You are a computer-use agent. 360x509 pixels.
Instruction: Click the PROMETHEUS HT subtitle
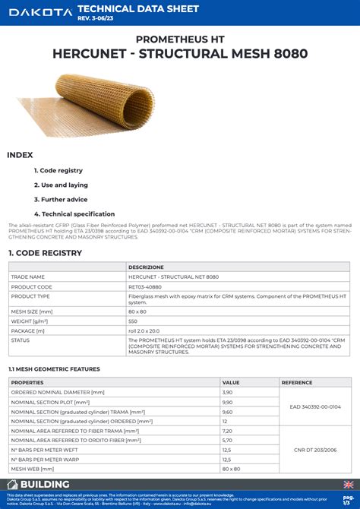(179, 38)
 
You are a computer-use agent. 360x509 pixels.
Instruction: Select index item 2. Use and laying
(61, 185)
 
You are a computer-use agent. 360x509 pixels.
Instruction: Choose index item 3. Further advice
(60, 199)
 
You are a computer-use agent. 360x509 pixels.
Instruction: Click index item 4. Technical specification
(74, 213)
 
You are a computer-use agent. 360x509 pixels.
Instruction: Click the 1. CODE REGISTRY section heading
(45, 252)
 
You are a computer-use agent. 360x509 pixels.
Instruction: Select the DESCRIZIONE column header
(146, 267)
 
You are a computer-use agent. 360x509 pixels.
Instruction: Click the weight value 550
(134, 321)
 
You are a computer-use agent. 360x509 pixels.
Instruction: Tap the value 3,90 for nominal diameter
(227, 392)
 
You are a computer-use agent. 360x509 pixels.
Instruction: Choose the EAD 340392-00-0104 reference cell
(315, 406)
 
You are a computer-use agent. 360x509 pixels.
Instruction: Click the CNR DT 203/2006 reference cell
(315, 449)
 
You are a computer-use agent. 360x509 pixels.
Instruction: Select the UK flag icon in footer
(348, 484)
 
